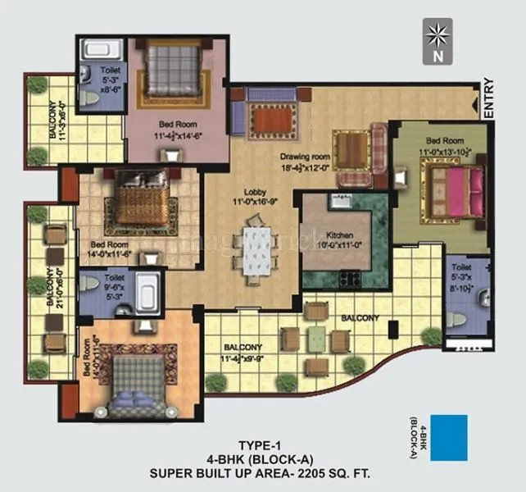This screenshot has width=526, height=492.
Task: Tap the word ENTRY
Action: point(489,99)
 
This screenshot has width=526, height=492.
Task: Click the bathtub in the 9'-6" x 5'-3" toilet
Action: point(148,292)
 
